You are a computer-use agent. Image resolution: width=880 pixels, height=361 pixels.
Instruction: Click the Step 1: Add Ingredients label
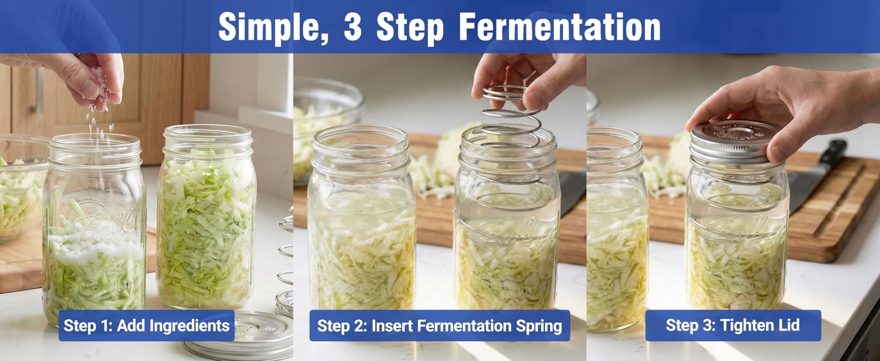146,326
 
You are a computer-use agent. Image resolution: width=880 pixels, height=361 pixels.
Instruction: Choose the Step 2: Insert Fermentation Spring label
439,326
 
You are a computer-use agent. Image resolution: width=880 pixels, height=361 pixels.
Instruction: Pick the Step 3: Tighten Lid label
733,326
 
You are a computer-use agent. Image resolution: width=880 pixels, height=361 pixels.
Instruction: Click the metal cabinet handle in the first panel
39,90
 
